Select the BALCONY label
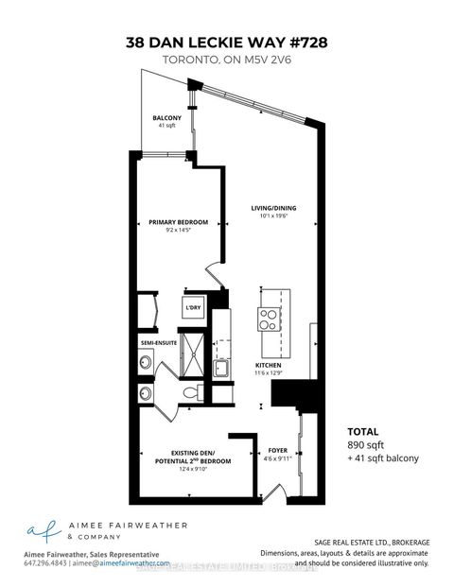point(166,118)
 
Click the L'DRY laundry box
point(194,308)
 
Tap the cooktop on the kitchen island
point(268,319)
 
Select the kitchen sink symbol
point(219,369)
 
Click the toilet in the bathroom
point(188,391)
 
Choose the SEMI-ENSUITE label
point(160,342)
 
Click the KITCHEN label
point(268,364)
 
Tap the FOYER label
point(277,451)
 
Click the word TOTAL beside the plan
point(364,428)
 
